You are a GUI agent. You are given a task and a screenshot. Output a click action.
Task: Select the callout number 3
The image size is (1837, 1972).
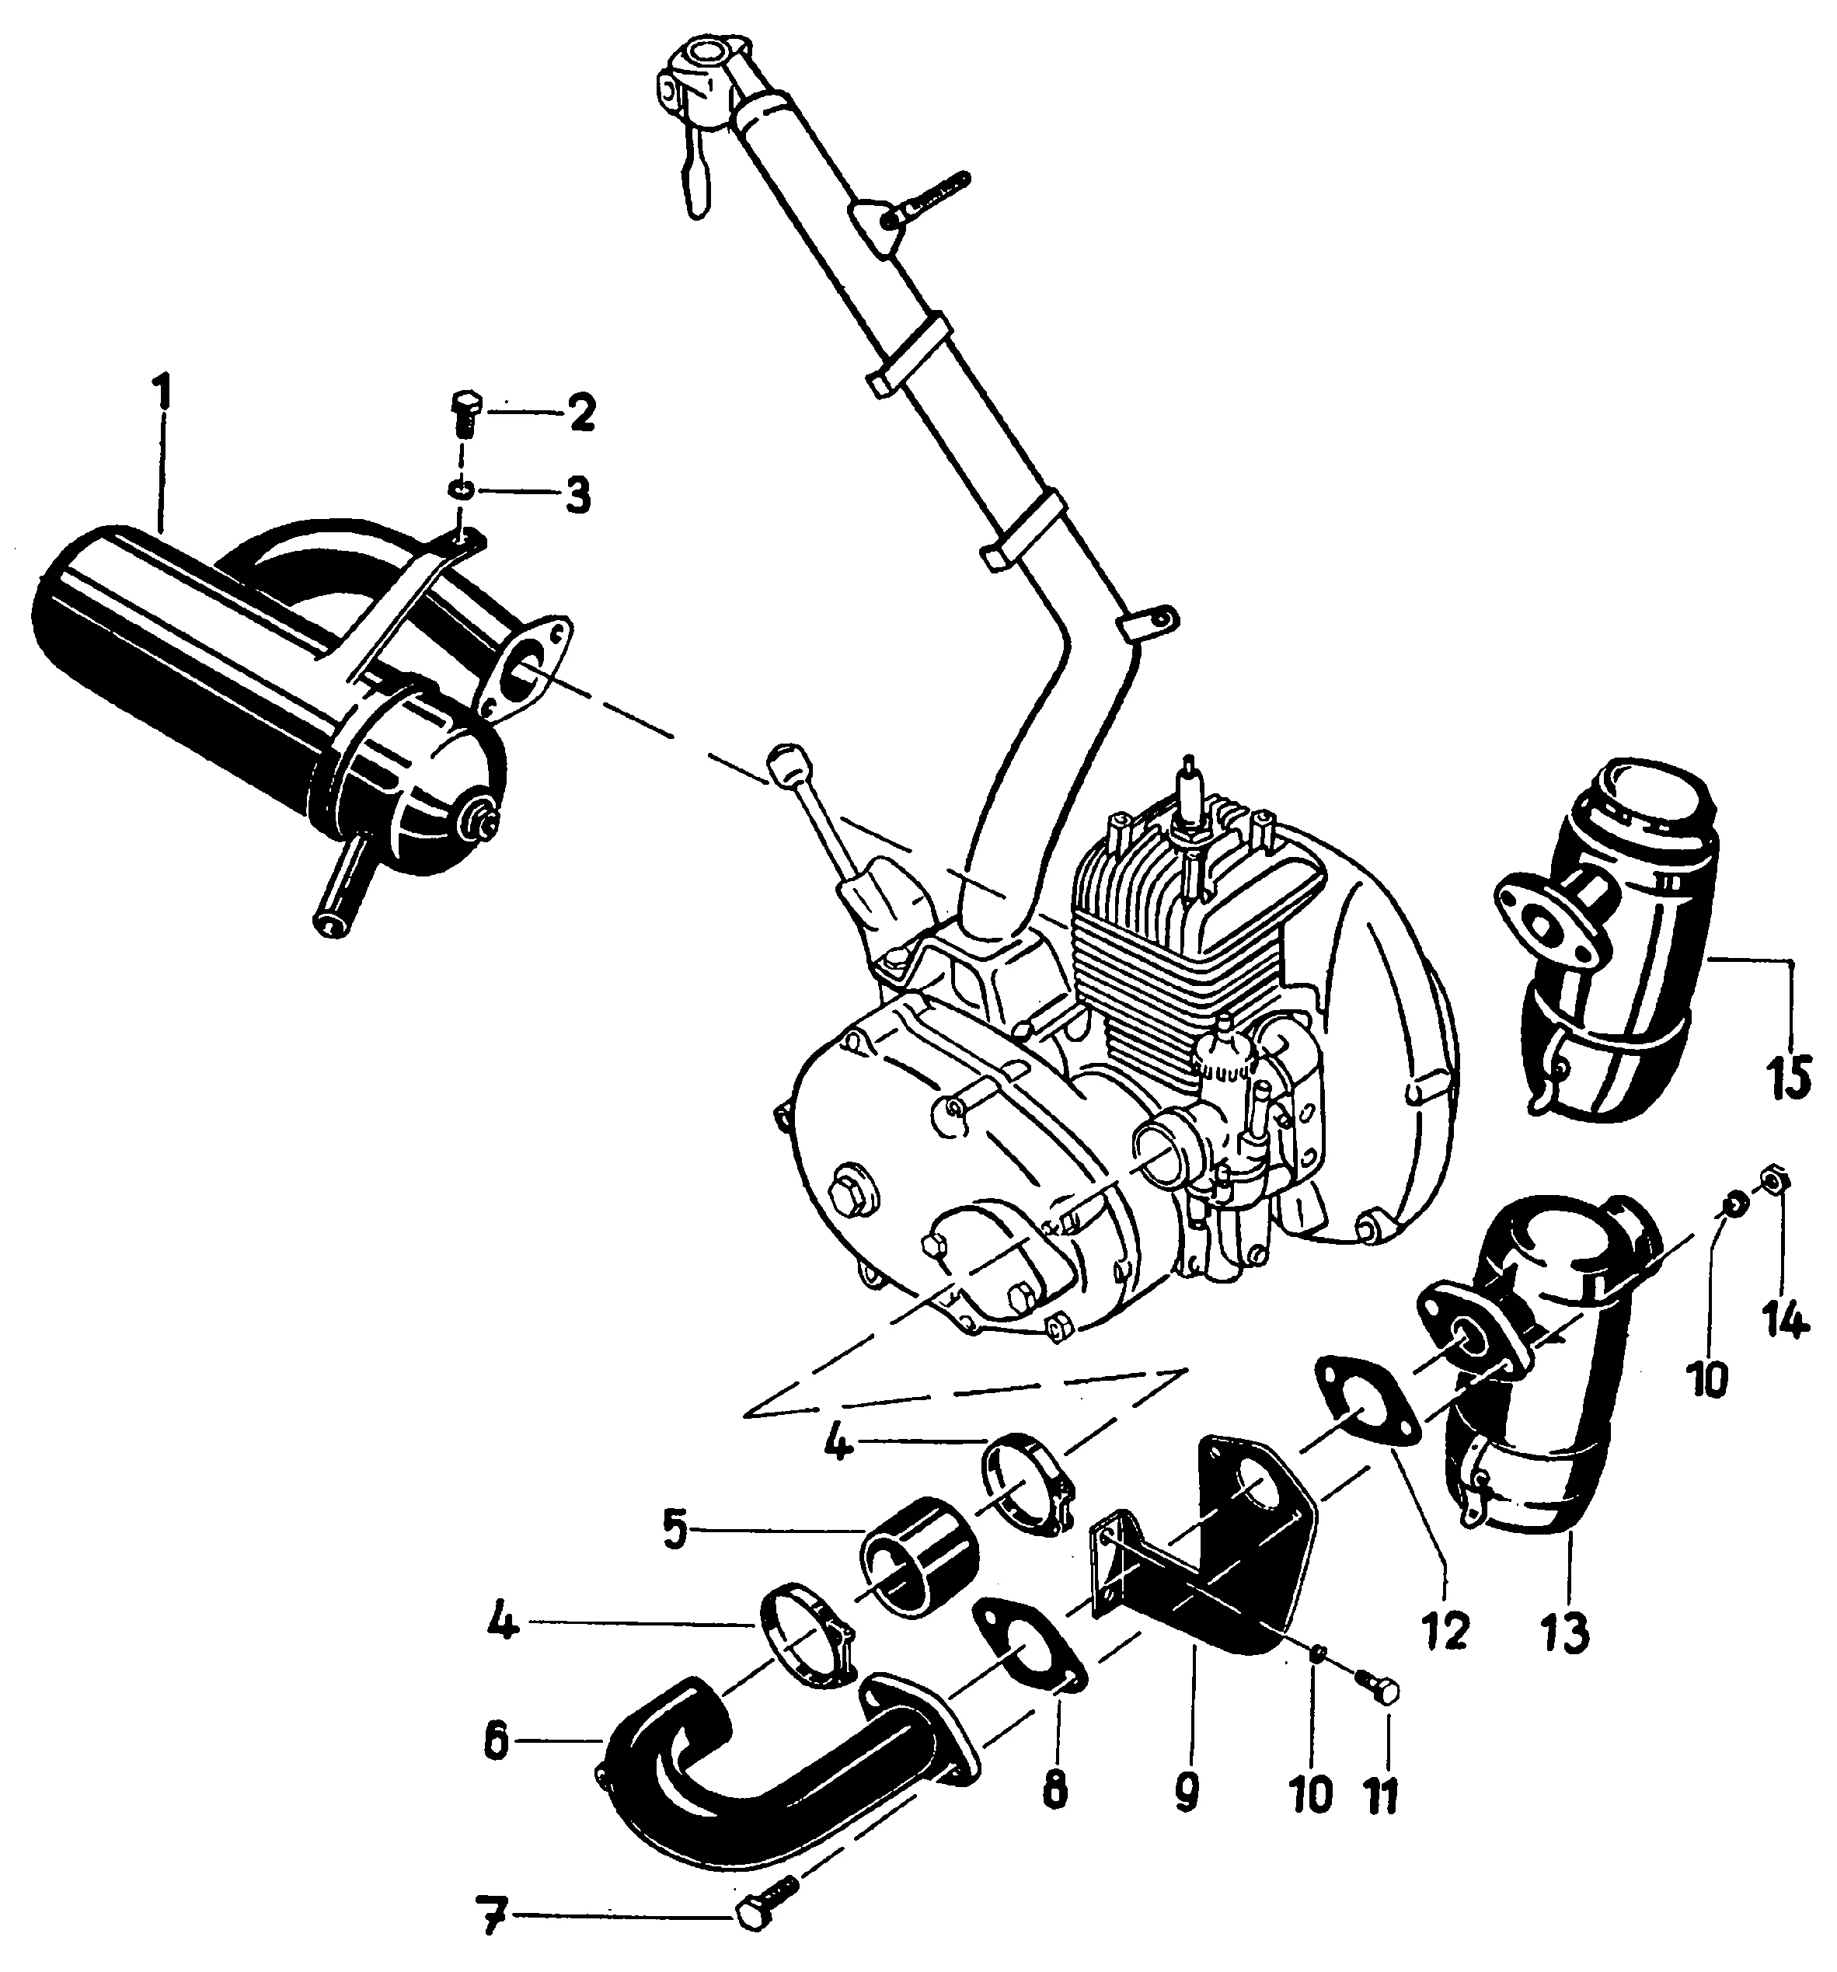(574, 493)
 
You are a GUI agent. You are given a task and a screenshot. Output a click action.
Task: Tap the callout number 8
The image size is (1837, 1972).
(1054, 1789)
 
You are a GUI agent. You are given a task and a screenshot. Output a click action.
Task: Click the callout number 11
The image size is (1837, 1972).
(1382, 1792)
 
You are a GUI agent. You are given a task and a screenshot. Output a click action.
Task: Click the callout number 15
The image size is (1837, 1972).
(1787, 1075)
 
